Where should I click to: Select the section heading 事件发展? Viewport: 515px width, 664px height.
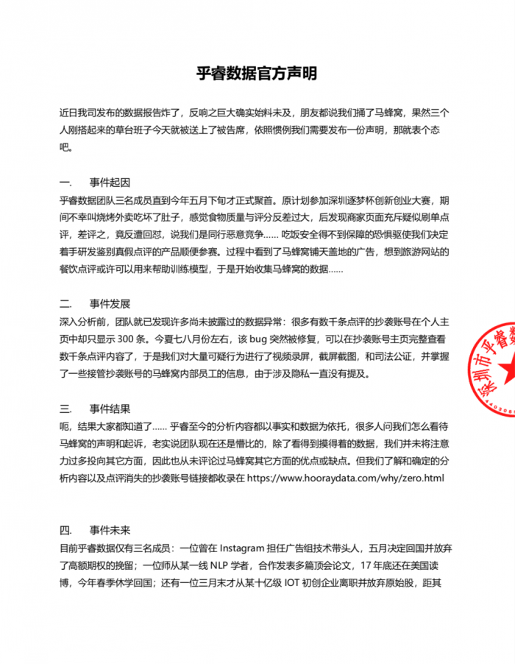click(110, 303)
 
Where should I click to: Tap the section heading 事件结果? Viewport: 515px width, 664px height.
click(110, 409)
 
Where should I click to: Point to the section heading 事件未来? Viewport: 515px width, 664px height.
click(110, 529)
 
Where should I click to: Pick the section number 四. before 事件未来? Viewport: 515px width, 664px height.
click(65, 529)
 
